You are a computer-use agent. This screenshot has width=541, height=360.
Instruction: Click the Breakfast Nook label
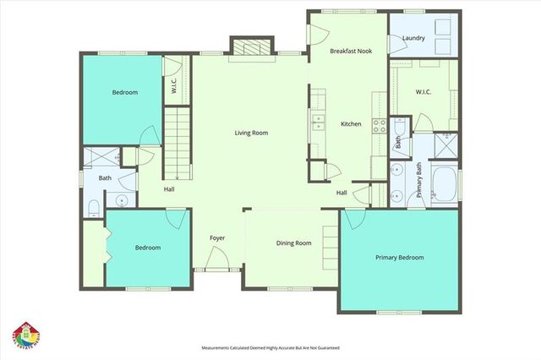pos(351,51)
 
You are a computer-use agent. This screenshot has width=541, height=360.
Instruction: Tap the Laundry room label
pos(413,37)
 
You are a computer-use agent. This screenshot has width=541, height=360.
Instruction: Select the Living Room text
pos(251,132)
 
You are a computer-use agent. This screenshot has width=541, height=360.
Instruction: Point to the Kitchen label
pos(351,124)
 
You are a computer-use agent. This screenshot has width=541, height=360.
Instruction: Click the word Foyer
pos(217,238)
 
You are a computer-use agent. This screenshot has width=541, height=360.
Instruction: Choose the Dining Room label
pos(294,243)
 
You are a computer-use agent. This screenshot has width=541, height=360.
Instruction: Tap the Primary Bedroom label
pos(400,257)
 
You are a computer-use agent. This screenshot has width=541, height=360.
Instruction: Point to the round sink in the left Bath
pos(123,202)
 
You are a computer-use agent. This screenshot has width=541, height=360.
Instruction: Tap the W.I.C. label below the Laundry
pos(424,91)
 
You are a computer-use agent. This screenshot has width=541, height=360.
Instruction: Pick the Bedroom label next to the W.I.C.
pos(125,92)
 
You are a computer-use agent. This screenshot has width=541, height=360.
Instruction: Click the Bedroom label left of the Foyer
pos(148,248)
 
